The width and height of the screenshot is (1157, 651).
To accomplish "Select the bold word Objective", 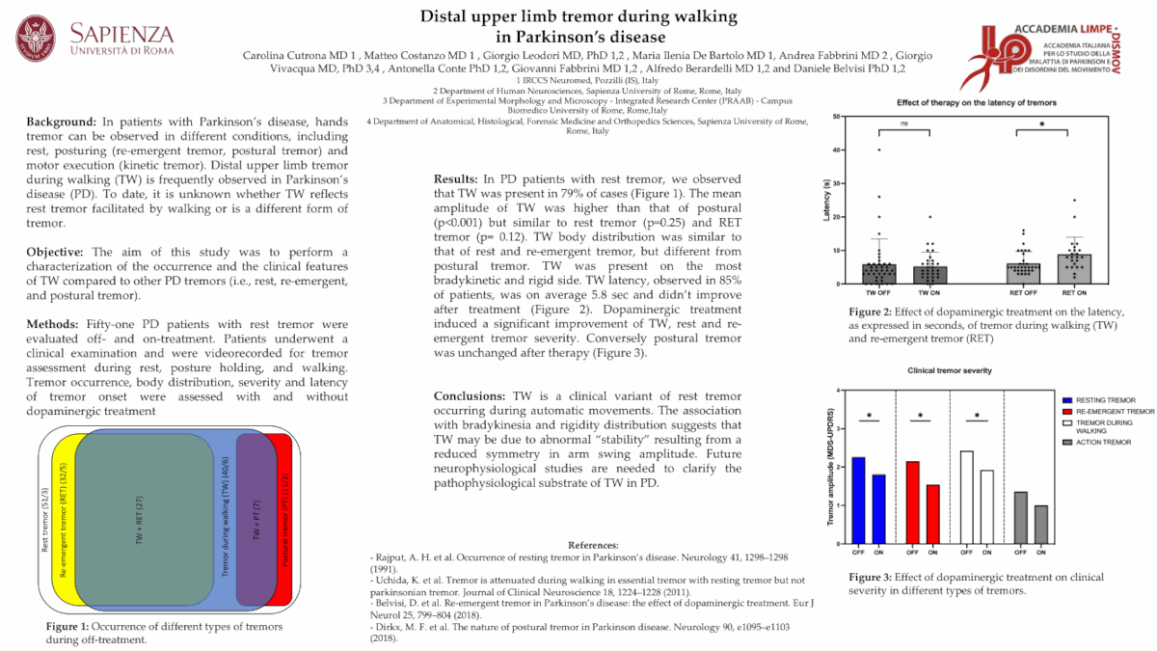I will [57, 253].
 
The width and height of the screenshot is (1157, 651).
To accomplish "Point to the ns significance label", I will [902, 122].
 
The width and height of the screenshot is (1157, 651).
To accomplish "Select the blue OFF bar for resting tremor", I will [857, 500].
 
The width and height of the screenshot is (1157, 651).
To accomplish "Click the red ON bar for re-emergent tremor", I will [931, 513].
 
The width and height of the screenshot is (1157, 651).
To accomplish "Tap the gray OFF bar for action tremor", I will [1020, 517].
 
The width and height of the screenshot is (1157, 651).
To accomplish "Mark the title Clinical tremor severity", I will [950, 371].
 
